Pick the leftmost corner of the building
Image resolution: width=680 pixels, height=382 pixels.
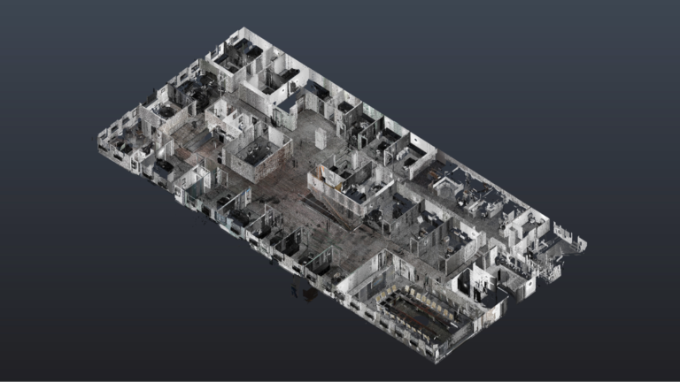[x=98, y=140]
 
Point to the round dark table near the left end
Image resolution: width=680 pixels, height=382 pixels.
[x=165, y=166]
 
